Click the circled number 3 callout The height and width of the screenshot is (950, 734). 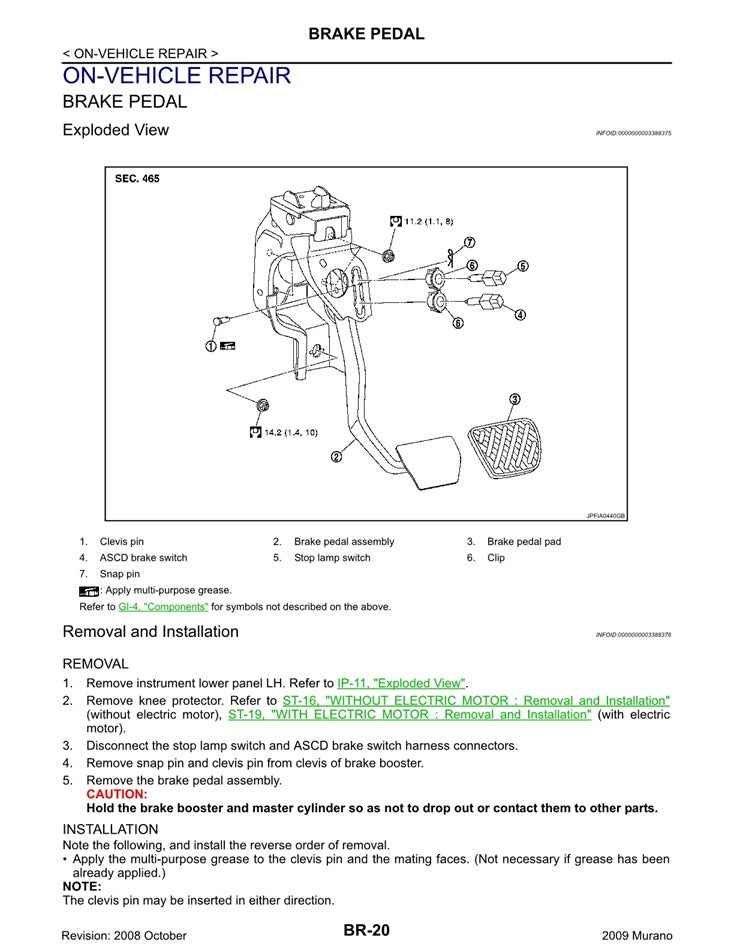click(514, 399)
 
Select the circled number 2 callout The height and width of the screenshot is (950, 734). click(336, 456)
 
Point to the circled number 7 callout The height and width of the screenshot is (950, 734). click(469, 242)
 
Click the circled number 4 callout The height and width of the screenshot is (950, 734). click(520, 315)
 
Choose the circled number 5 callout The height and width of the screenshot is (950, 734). click(522, 266)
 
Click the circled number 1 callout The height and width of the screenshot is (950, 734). click(211, 346)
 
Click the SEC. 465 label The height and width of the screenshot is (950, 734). click(136, 179)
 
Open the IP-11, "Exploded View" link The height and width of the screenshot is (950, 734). click(402, 683)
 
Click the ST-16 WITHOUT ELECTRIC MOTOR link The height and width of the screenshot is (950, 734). click(476, 700)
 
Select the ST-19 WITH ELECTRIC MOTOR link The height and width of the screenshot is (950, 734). click(409, 715)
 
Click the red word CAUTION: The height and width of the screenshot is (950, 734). click(116, 794)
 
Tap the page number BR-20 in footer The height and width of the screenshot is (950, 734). click(366, 930)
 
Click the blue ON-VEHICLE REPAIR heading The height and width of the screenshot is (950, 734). click(176, 76)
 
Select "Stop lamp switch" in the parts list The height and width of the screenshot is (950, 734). click(331, 558)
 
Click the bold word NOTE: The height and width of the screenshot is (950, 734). click(82, 886)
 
